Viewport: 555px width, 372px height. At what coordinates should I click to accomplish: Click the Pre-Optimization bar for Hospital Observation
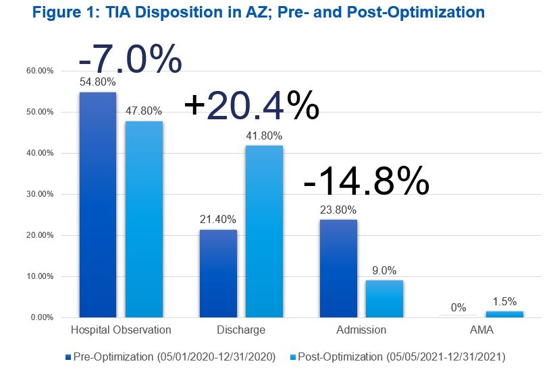coord(98,204)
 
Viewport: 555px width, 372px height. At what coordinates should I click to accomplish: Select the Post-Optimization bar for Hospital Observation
coord(144,219)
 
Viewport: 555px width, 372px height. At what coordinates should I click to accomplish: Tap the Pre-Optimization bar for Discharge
coord(218,273)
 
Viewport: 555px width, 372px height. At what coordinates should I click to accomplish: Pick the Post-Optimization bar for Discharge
coord(264,231)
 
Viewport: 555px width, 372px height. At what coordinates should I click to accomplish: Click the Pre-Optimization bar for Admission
coord(338,268)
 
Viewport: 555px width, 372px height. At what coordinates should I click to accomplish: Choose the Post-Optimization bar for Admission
coord(384,299)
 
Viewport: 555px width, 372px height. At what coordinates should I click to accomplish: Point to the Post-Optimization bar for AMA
coord(504,314)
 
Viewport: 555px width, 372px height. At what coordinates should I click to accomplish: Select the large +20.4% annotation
coord(251,106)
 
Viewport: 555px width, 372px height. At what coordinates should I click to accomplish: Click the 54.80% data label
coord(98,82)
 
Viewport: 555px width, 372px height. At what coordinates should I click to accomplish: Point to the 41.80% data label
coord(264,137)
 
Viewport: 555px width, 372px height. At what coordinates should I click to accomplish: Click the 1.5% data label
coord(504,303)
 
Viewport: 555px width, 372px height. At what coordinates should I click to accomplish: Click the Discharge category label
coord(241,330)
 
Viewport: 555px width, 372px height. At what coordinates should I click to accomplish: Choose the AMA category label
coord(481,330)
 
